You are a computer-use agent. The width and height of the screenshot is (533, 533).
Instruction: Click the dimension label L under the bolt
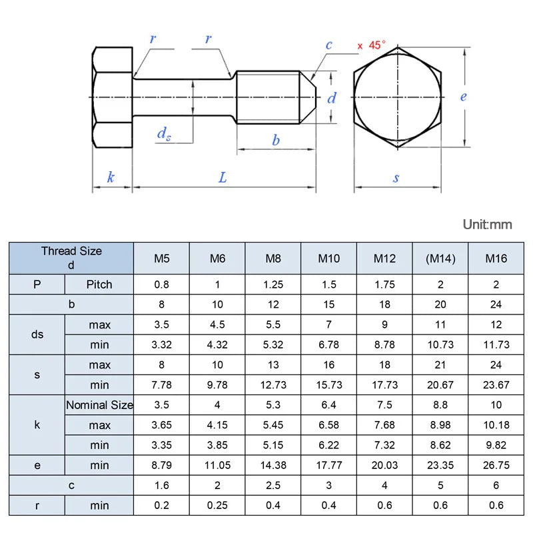click(223, 177)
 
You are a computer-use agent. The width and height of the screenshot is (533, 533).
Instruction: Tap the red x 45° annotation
click(371, 45)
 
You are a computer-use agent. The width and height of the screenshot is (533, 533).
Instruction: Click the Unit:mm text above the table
click(488, 225)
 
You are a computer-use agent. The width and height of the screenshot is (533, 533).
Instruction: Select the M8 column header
click(273, 259)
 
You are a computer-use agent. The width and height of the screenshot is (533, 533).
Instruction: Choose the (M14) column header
click(440, 259)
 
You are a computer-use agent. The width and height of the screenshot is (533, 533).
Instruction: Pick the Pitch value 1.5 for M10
click(328, 284)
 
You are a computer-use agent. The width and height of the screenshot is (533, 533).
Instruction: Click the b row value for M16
click(496, 304)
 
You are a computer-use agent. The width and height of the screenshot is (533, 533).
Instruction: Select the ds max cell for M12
click(384, 324)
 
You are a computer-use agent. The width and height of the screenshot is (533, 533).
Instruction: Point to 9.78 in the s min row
click(217, 384)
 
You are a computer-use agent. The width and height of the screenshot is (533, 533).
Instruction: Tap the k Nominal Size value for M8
click(273, 404)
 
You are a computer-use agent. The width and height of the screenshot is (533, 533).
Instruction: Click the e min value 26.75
click(496, 465)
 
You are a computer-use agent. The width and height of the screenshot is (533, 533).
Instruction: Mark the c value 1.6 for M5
click(161, 486)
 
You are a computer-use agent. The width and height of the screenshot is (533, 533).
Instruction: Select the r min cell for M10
click(328, 506)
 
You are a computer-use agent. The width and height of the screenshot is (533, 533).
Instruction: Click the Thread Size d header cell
click(71, 258)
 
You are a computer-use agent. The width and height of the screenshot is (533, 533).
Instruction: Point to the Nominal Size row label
click(99, 404)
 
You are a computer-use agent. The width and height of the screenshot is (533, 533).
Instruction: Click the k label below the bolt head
click(111, 177)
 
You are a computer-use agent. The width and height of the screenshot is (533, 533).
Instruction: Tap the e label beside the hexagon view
click(464, 97)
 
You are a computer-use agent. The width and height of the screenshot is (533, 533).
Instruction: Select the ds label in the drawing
click(164, 133)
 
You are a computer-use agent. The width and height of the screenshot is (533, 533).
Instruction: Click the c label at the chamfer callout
click(328, 45)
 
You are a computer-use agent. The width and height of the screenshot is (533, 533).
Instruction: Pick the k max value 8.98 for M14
click(440, 424)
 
